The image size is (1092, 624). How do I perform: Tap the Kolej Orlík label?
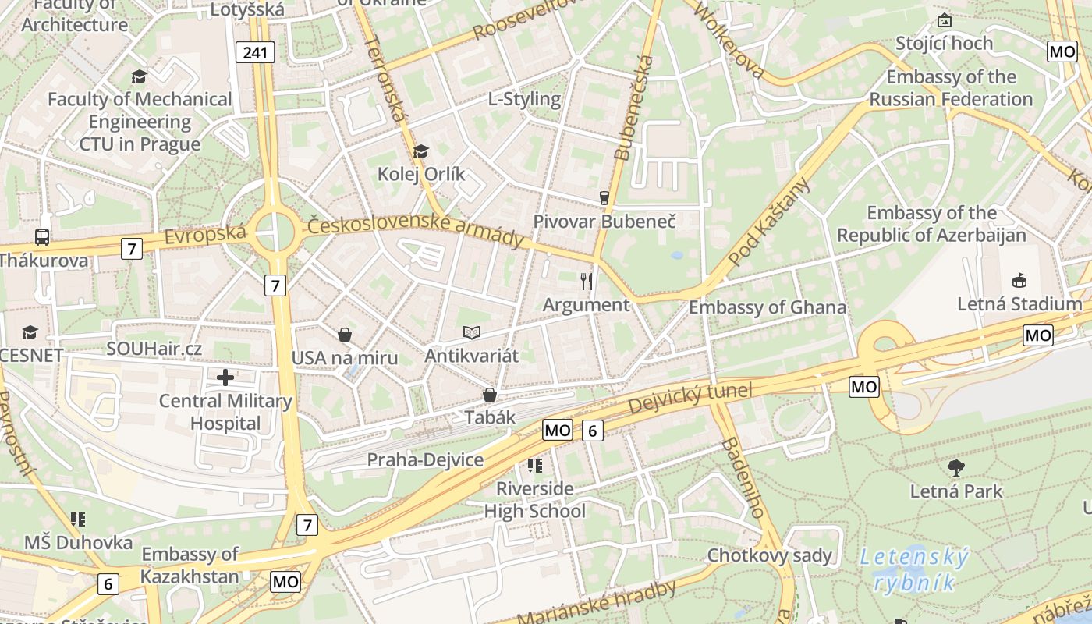(x=421, y=174)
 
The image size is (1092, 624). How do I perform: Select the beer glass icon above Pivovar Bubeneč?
(x=604, y=198)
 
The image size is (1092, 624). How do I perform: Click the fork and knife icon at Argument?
(x=587, y=282)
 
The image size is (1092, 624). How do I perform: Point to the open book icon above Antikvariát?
(x=471, y=333)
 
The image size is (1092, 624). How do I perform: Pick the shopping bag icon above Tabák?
(x=490, y=395)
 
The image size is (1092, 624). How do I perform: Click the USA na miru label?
(x=345, y=358)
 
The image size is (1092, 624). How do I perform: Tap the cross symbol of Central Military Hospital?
(x=225, y=378)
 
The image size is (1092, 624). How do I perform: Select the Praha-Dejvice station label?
(x=425, y=459)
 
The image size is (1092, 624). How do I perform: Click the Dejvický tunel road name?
(x=690, y=399)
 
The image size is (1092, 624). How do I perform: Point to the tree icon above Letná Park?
(x=956, y=468)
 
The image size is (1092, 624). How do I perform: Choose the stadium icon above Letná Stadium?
(x=1019, y=281)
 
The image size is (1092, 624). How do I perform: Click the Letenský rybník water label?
(x=914, y=570)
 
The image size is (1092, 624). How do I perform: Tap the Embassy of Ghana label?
(x=767, y=307)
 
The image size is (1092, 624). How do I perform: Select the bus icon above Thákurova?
(x=42, y=237)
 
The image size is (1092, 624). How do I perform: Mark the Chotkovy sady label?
(x=769, y=556)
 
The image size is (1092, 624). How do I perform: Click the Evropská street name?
(x=206, y=235)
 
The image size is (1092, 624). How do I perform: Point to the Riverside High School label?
(x=535, y=500)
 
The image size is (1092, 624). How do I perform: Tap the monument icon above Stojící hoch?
(x=945, y=20)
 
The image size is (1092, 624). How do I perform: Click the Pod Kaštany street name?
(x=768, y=222)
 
